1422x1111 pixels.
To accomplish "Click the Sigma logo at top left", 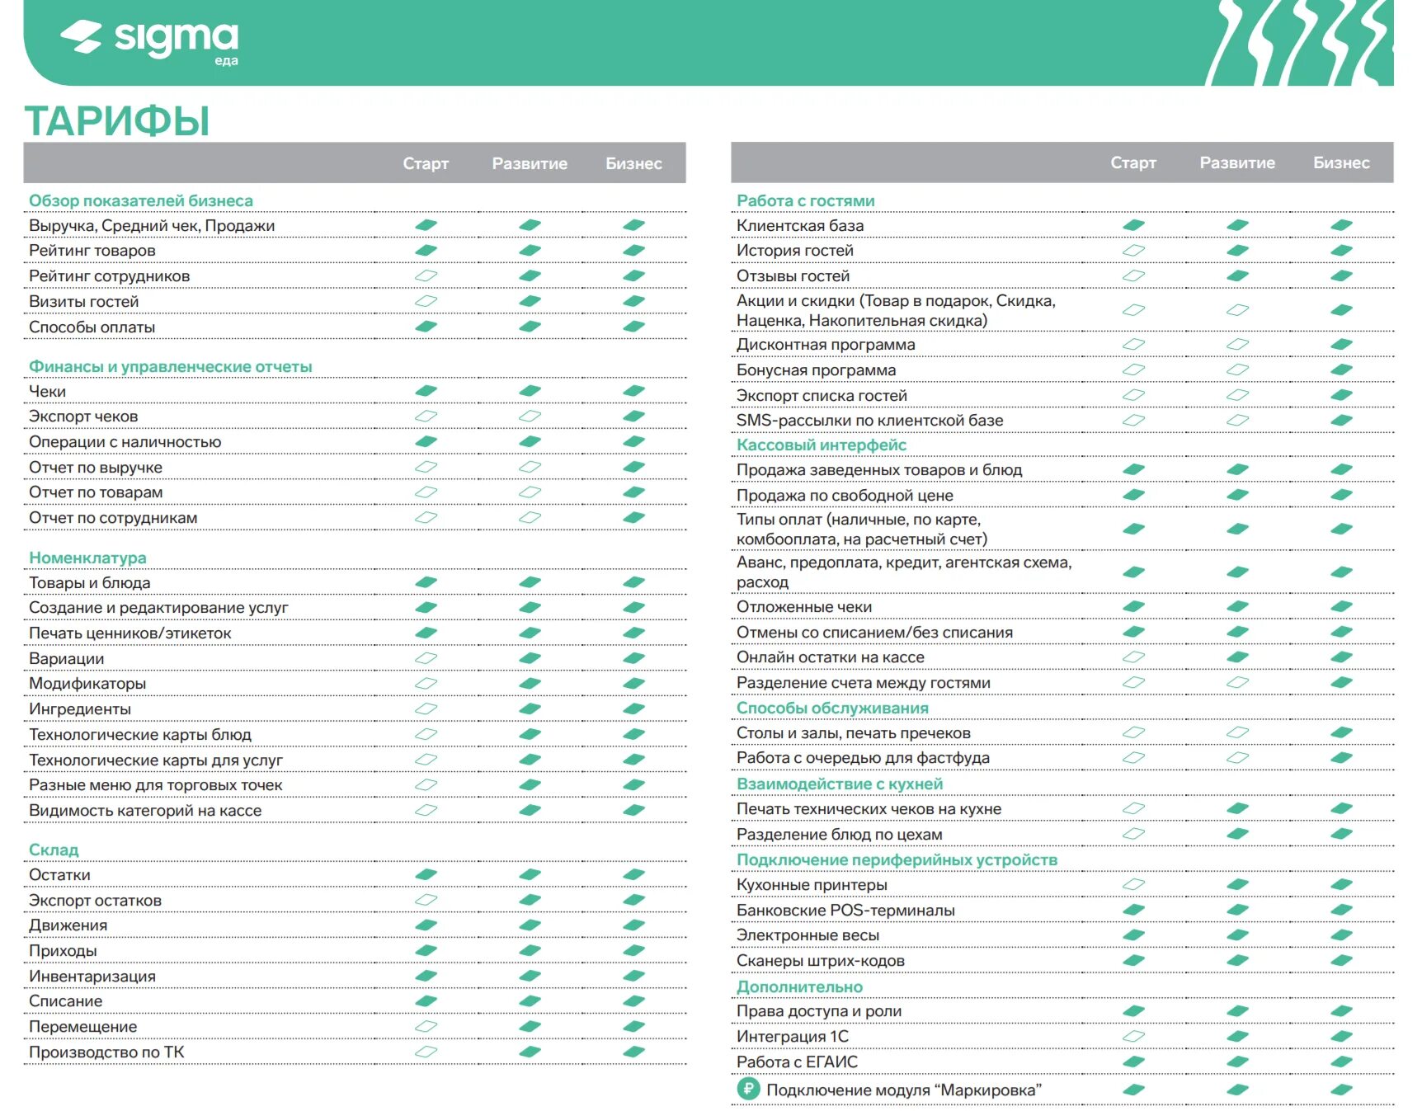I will click(x=149, y=40).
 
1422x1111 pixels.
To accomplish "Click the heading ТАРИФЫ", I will click(x=117, y=121).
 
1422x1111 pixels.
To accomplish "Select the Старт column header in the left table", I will click(x=426, y=163).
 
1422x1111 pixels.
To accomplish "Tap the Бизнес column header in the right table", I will click(x=1341, y=163).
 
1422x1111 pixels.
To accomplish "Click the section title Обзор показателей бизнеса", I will click(x=141, y=200).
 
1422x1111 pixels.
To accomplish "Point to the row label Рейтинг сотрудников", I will click(x=109, y=275).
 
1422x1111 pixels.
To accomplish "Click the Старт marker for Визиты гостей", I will click(x=426, y=301).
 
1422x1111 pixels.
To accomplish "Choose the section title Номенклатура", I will click(x=87, y=558).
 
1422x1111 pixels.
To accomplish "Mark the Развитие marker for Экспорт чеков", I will click(x=530, y=416).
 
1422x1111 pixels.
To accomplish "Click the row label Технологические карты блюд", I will click(x=140, y=734).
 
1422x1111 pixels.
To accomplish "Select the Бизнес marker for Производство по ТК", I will click(x=633, y=1052).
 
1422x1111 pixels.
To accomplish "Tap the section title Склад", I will click(x=54, y=850).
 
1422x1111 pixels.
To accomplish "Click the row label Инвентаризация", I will click(x=92, y=976).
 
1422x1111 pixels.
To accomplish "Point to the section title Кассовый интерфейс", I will click(x=822, y=445).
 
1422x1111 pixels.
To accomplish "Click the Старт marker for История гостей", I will click(x=1133, y=250).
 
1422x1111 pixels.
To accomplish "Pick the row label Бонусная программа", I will click(x=816, y=370).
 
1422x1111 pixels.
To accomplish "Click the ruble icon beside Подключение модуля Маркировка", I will click(x=747, y=1090).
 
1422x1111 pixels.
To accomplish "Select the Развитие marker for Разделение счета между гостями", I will click(x=1237, y=682).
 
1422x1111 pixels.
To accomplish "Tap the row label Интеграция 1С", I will click(x=792, y=1036).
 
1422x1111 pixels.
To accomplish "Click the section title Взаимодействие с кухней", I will click(x=840, y=784).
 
